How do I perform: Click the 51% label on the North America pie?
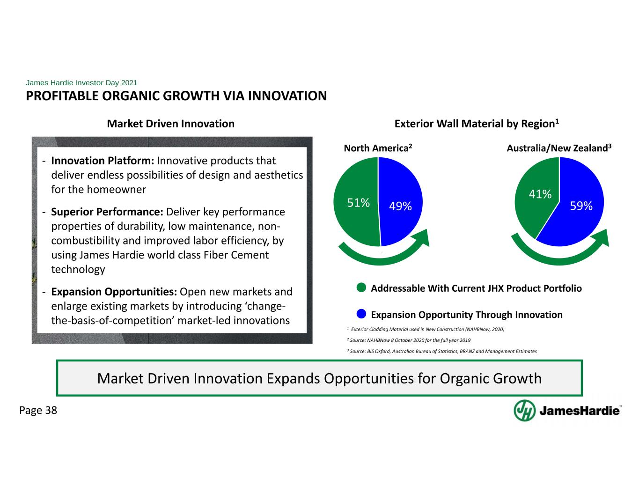(x=358, y=203)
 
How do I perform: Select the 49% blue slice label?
(x=400, y=206)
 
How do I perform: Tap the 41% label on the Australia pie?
(x=540, y=194)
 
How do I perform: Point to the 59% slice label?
(x=581, y=206)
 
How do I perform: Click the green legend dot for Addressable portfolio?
(x=361, y=288)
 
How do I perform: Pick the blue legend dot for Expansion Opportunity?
(x=361, y=314)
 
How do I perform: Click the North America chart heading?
(x=378, y=147)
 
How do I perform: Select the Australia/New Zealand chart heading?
(x=559, y=147)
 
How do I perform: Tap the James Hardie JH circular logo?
(x=524, y=411)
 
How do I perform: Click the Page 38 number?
(x=38, y=411)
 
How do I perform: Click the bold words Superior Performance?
(x=107, y=212)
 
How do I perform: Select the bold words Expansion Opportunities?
(x=114, y=292)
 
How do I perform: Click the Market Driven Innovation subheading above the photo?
(x=170, y=124)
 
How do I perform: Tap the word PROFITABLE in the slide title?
(x=62, y=96)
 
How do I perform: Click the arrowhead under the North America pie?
(x=422, y=239)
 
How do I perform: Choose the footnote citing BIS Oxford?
(x=442, y=351)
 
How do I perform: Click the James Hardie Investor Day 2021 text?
(x=81, y=82)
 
